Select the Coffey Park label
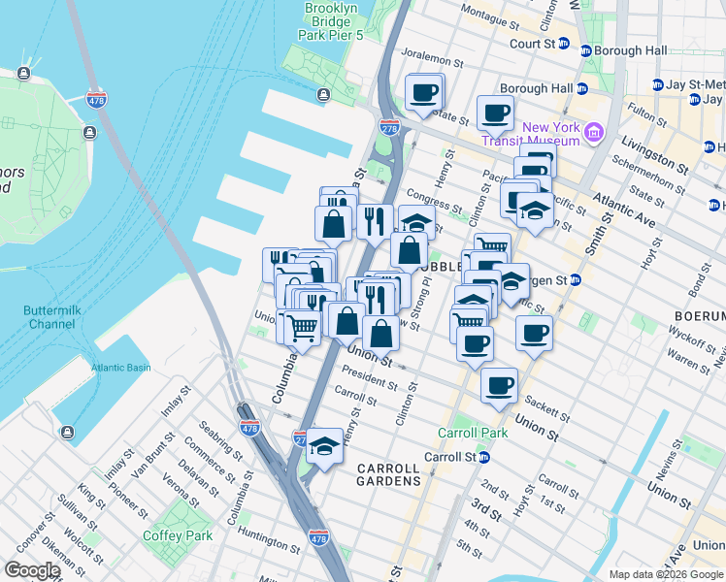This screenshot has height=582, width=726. point(178,535)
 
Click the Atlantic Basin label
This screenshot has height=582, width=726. point(121,368)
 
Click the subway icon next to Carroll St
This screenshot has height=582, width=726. point(483,457)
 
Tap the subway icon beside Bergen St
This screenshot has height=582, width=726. point(574,280)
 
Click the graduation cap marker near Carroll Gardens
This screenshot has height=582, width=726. point(325,444)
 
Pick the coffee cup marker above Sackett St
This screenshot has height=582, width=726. point(499,385)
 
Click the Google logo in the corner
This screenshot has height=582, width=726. point(31,570)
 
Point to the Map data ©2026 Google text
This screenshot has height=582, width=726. point(665,574)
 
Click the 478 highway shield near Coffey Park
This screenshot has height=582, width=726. point(317,536)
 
